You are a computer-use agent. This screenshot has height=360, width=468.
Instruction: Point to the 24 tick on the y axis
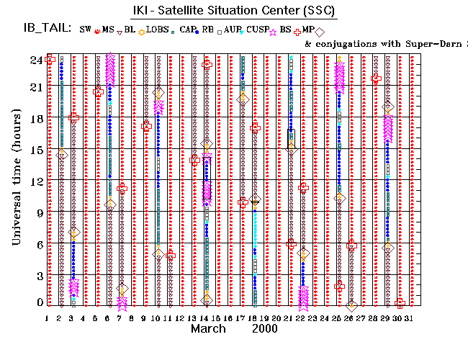coord(39,60)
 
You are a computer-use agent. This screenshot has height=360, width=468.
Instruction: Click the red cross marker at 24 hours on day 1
coord(50,60)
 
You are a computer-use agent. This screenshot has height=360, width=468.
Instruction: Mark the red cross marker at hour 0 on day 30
coord(400,303)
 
